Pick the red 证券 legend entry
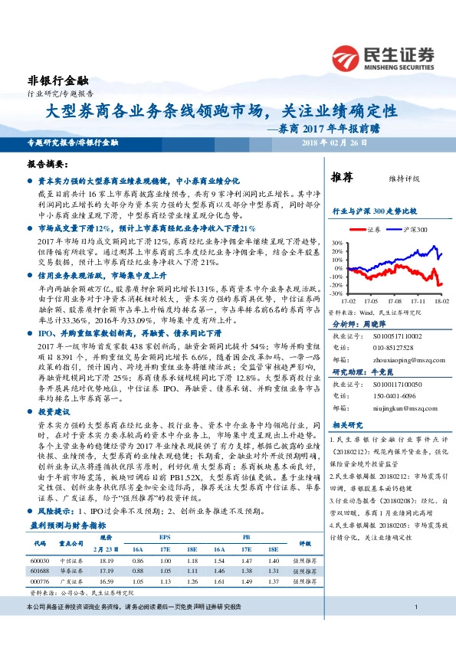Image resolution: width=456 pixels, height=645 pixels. click(x=370, y=229)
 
